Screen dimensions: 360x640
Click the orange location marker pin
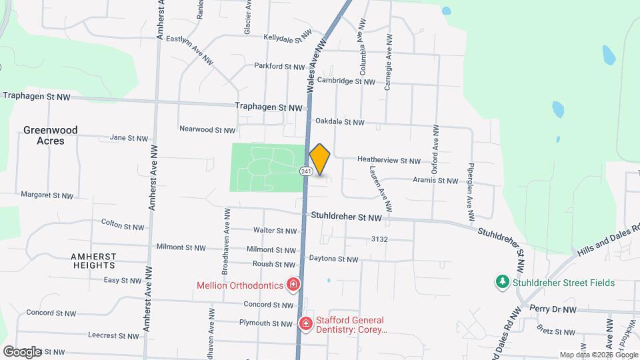(320, 159)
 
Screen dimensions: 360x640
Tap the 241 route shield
(306, 171)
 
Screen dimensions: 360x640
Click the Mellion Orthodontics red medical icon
(293, 285)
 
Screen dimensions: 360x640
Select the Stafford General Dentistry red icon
(306, 324)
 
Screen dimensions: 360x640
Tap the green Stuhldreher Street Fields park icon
(502, 283)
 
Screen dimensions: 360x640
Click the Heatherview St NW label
(389, 161)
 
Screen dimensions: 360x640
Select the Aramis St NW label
(435, 181)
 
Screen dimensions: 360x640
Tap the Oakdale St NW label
(340, 122)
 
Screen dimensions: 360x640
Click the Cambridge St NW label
(346, 81)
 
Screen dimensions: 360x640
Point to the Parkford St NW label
(279, 66)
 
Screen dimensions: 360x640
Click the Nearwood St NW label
(207, 129)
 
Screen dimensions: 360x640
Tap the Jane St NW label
(129, 138)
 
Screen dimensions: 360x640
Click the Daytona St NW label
(333, 259)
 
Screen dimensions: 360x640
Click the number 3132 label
(379, 239)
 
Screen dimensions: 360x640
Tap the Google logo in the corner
(22, 351)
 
